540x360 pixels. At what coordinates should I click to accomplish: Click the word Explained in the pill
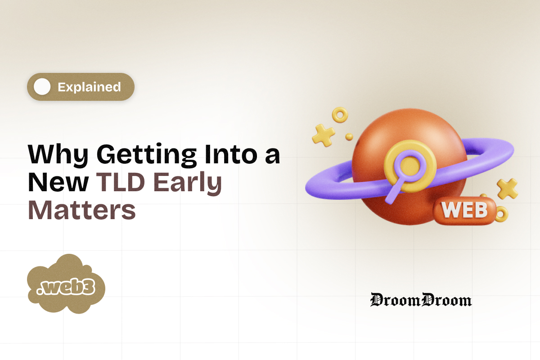point(89,87)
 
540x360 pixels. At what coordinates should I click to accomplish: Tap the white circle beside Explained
point(42,87)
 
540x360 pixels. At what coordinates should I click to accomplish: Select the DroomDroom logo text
point(421,300)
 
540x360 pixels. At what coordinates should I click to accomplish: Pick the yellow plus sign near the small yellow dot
point(323,134)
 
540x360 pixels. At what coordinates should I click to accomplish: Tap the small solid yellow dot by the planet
point(349,136)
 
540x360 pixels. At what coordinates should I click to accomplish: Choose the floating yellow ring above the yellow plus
point(340,115)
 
